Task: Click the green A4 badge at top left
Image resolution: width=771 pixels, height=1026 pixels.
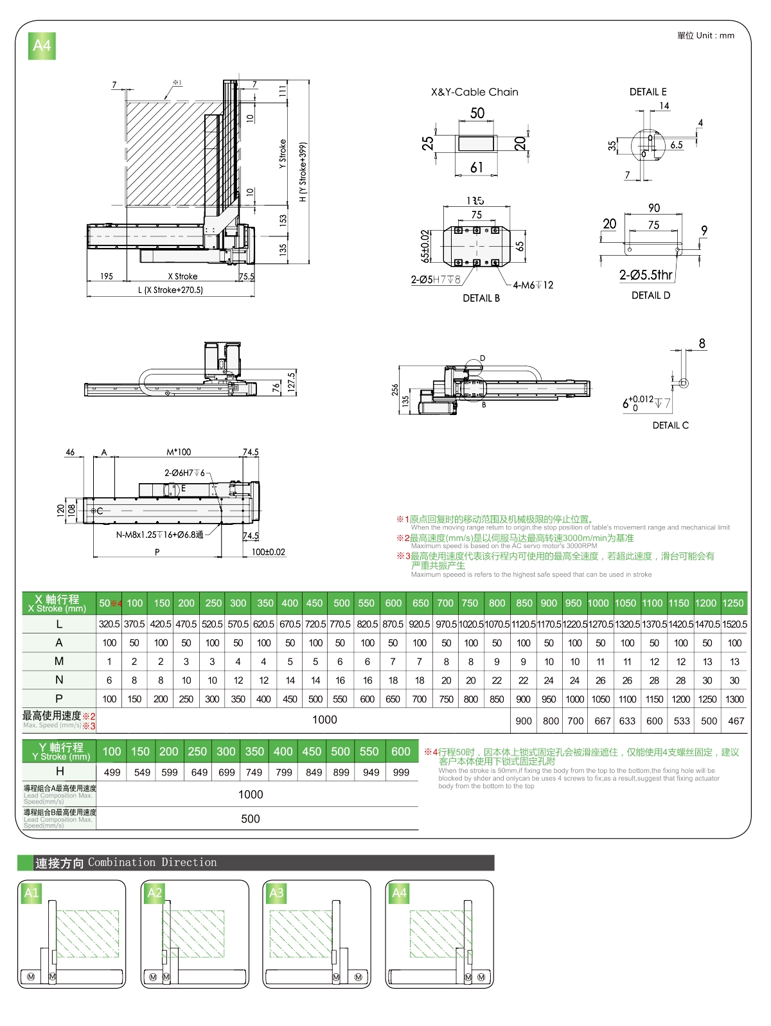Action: tap(42, 46)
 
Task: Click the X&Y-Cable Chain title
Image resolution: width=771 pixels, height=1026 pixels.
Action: tap(474, 92)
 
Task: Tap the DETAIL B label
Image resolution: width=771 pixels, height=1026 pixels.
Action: tap(481, 298)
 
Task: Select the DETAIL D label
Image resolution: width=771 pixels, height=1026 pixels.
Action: tap(650, 296)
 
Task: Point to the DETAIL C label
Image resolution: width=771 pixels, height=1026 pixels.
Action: tap(670, 425)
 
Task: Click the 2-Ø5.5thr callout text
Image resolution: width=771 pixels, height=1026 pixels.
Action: tap(645, 275)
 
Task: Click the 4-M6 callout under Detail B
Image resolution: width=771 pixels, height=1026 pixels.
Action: tap(533, 285)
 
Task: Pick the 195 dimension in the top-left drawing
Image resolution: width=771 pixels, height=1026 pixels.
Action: tap(107, 276)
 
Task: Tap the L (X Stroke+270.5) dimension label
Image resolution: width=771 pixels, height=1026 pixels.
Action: tap(170, 290)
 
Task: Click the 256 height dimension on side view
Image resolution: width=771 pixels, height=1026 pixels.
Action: tap(395, 389)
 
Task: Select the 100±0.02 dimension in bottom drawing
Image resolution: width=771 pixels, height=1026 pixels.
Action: tap(268, 552)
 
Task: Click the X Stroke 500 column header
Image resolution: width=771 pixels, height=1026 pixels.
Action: tap(341, 603)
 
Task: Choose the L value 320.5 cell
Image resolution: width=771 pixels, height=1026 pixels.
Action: tap(109, 624)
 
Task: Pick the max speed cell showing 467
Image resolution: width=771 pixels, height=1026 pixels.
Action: tap(736, 721)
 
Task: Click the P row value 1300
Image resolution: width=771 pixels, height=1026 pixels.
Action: tap(734, 699)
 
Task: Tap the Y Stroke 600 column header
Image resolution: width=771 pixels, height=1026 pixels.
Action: tap(400, 752)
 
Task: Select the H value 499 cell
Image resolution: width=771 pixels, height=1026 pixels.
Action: tap(112, 772)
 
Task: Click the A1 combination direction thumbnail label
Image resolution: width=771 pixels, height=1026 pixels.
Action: tap(31, 892)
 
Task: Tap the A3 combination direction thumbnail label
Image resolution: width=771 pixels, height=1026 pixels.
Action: tap(276, 892)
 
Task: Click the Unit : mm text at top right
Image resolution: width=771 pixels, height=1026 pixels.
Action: tap(705, 35)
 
